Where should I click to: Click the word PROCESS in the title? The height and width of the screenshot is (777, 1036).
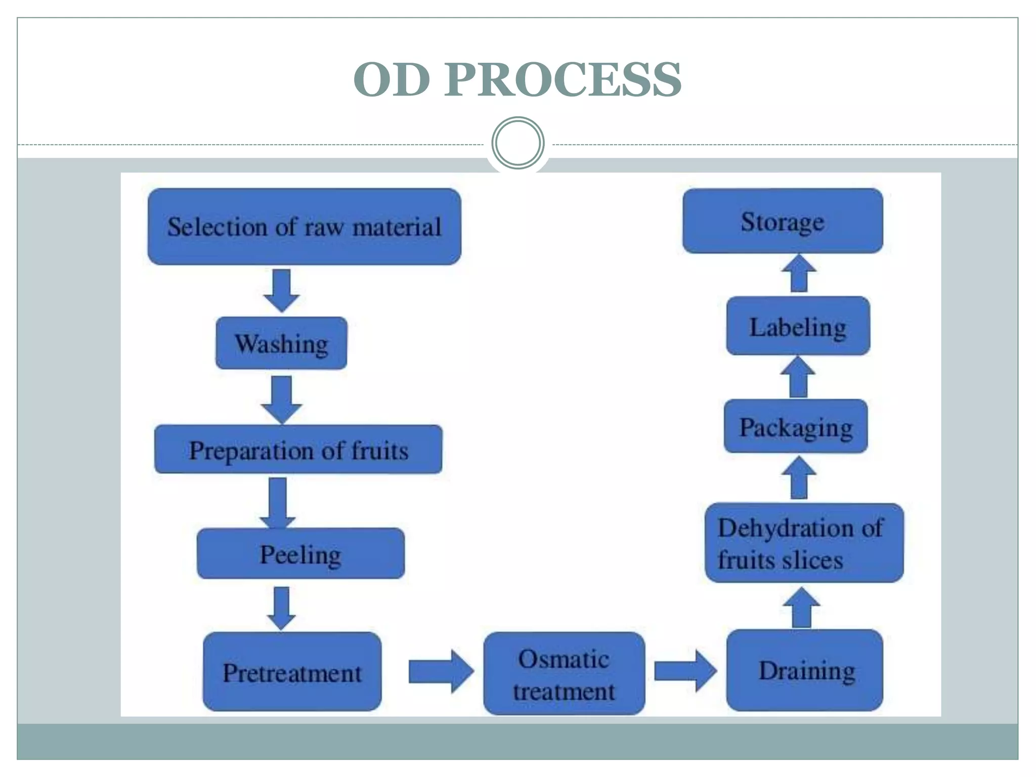coord(563,80)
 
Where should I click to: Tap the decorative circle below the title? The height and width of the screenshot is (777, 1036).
coord(517,143)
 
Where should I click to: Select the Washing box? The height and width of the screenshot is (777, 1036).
coord(281,343)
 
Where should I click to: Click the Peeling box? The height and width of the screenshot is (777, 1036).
coord(300,554)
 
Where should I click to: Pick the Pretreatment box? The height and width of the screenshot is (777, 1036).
coord(292,672)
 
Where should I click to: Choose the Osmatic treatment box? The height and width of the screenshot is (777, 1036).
coord(564,674)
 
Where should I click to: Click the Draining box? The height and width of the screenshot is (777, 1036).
coord(804,671)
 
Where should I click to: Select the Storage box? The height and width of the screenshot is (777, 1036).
coord(782,221)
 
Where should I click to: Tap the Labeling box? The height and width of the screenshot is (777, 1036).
coord(798,326)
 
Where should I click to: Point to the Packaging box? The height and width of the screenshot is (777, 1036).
coord(796,426)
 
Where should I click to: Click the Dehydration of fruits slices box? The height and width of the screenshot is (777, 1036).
coord(804,543)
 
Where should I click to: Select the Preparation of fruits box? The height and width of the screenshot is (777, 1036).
coord(298,450)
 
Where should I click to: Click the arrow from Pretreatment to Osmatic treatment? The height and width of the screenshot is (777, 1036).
coord(441,671)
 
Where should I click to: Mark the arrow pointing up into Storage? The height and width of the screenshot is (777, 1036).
coord(799,274)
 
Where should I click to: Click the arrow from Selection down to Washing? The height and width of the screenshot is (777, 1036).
coord(282,290)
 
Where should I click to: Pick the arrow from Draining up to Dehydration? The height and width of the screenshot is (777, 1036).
coord(802,608)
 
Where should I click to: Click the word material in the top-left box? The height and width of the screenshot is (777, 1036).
coord(397,227)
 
